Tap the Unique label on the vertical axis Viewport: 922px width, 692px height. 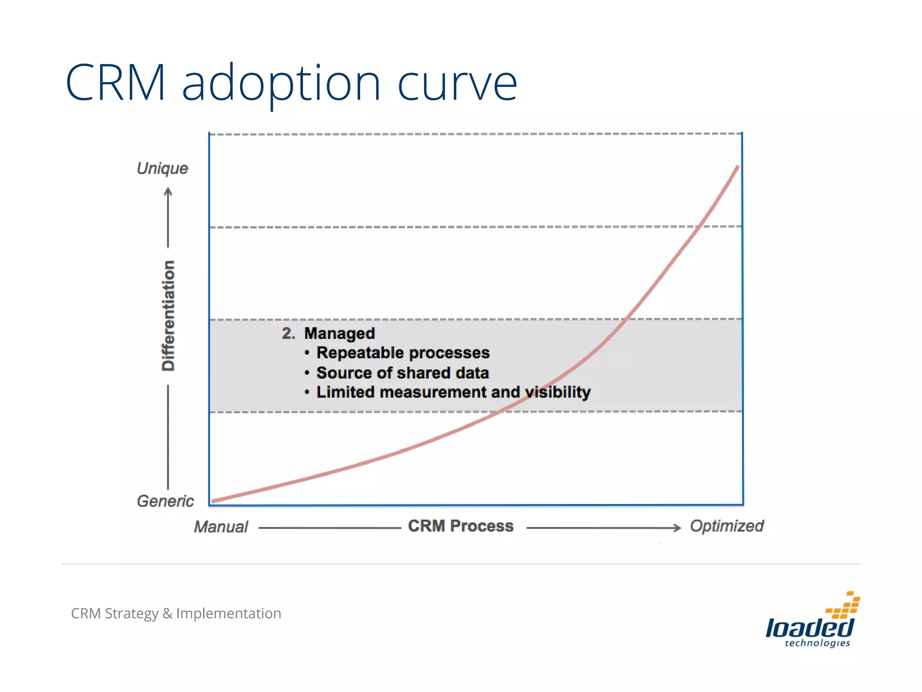pos(162,168)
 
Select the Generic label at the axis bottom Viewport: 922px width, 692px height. pos(165,501)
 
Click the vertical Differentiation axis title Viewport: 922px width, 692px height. pos(168,315)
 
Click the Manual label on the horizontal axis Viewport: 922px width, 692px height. pos(221,527)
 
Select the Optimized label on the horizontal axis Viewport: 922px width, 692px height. pos(726,526)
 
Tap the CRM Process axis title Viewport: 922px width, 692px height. pos(461,526)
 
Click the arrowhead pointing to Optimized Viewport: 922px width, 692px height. pos(677,528)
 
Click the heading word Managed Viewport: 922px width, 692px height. pos(339,333)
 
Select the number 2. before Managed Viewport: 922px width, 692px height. pos(288,333)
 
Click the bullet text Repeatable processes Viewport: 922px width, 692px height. pos(403,353)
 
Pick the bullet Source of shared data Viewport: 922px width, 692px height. pos(402,373)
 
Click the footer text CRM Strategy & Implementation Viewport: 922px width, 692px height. pos(176,613)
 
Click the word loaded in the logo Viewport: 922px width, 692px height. pos(809,628)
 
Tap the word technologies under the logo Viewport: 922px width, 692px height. pos(817,643)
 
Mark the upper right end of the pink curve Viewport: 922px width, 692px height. pos(737,167)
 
